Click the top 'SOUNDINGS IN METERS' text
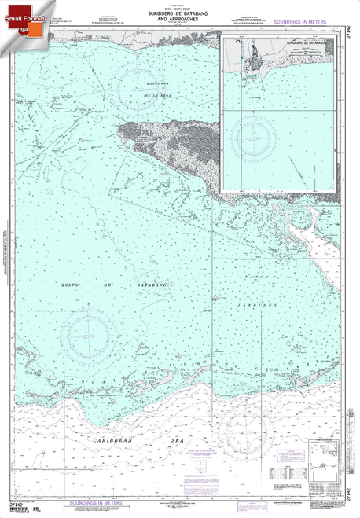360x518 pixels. click(x=303, y=24)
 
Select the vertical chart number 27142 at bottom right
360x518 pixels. click(x=347, y=488)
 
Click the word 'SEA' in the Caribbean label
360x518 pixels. click(x=180, y=443)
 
